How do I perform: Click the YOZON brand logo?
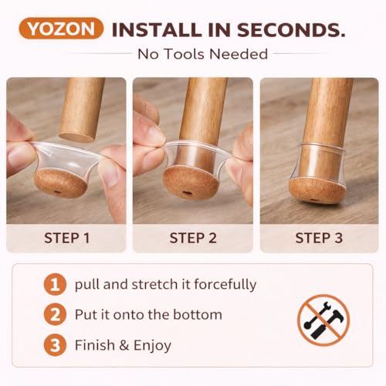(61, 29)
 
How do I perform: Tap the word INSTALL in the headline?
(157, 30)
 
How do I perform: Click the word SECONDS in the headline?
(291, 30)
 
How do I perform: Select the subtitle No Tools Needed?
(203, 54)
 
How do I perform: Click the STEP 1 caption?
(67, 238)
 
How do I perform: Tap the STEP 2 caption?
(193, 238)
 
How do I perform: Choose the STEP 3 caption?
(319, 238)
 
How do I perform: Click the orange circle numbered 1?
(55, 285)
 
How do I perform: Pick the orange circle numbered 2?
(55, 315)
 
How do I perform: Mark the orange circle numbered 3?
(55, 345)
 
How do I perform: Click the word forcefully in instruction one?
(225, 285)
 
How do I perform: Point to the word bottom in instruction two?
(198, 315)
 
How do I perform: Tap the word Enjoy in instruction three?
(152, 346)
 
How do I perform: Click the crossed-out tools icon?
(323, 320)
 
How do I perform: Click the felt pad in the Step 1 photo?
(60, 183)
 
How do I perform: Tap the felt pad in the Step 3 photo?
(317, 191)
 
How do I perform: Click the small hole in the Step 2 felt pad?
(186, 192)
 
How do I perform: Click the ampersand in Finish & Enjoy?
(124, 345)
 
